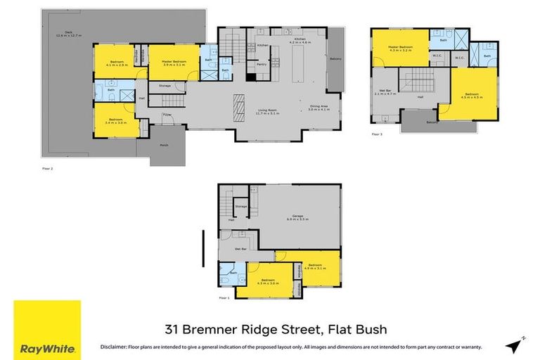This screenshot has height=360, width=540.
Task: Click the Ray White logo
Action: tap(47, 329)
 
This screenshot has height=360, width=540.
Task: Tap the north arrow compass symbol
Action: tap(514, 344)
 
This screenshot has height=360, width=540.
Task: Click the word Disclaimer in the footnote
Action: tap(113, 347)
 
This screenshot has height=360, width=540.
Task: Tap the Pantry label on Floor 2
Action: tap(261, 64)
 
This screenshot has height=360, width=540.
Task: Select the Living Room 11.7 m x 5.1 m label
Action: tap(270, 110)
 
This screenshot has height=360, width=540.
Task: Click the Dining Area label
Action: tap(319, 108)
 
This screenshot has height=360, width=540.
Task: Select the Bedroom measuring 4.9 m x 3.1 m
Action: tap(318, 266)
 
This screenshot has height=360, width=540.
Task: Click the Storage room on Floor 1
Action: tap(241, 206)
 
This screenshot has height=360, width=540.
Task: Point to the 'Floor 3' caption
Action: tap(377, 134)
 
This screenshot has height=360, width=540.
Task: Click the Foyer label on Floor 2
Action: tap(167, 114)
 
